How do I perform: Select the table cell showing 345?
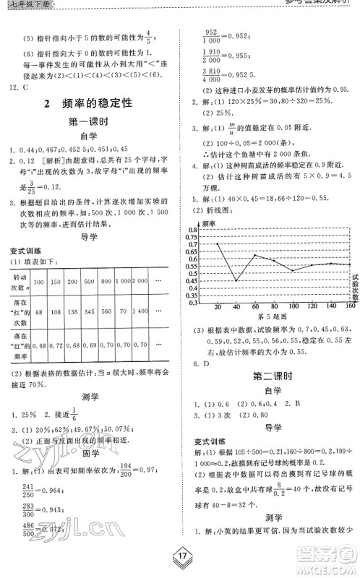pos(89,311)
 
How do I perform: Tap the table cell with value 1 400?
pos(141,311)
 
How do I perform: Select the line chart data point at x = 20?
pos(218,243)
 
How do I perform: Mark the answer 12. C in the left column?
pos(20,87)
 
